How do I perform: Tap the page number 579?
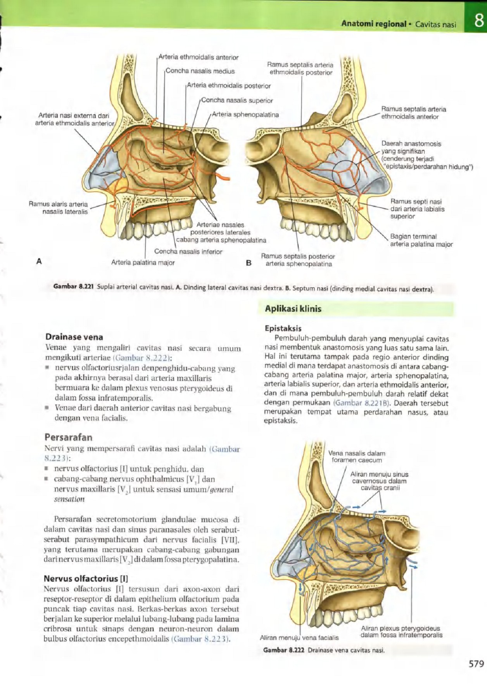476,663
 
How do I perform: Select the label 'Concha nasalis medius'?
200,71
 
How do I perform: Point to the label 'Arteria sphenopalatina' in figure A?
245,114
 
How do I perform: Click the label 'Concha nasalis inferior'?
188,252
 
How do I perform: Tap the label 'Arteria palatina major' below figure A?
143,263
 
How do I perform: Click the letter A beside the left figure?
39,261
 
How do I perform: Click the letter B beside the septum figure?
249,263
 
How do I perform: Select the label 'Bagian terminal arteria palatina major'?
421,240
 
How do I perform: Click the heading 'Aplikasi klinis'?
293,309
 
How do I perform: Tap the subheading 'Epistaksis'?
283,328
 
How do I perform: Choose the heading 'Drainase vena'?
74,337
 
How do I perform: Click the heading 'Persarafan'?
69,437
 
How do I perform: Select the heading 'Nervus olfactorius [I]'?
86,579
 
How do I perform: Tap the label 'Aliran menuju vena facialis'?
299,638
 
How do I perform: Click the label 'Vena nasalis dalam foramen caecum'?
357,457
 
